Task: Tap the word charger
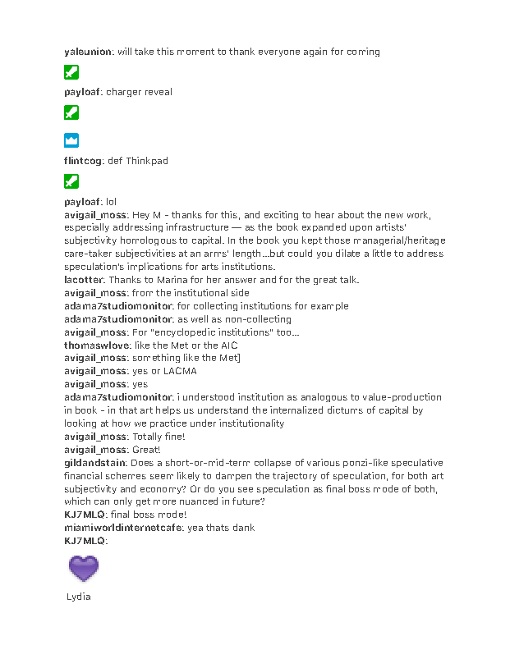point(123,92)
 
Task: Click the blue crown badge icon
point(71,140)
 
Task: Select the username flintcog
point(83,161)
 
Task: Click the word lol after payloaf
point(112,201)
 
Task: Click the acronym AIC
point(229,346)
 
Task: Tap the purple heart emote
point(83,568)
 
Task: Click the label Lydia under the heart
point(78,597)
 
